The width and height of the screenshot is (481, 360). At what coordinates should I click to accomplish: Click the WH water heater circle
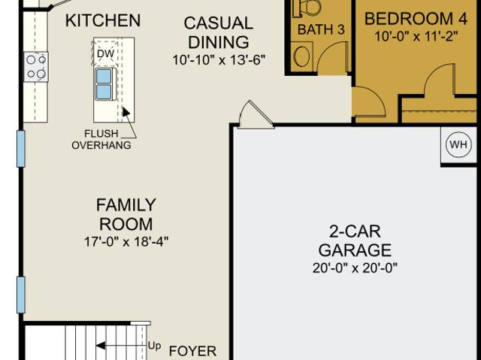pyautogui.click(x=458, y=144)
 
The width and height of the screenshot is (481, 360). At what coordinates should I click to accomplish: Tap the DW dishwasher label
pyautogui.click(x=105, y=53)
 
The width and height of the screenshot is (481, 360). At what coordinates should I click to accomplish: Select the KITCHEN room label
pyautogui.click(x=103, y=20)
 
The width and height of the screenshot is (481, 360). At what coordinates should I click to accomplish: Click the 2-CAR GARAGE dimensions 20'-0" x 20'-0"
pyautogui.click(x=355, y=268)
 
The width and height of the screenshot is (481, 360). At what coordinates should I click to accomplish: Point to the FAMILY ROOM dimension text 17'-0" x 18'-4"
pyautogui.click(x=126, y=242)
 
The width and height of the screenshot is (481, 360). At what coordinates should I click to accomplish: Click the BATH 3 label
pyautogui.click(x=321, y=29)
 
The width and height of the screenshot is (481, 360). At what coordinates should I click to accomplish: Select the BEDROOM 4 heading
pyautogui.click(x=416, y=19)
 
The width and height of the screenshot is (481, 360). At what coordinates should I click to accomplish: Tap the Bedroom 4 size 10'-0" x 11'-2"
pyautogui.click(x=416, y=37)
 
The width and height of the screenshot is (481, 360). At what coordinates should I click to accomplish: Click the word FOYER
pyautogui.click(x=193, y=351)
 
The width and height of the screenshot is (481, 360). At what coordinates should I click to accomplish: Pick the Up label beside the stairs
pyautogui.click(x=154, y=346)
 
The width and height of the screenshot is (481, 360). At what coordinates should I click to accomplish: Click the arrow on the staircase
pyautogui.click(x=122, y=346)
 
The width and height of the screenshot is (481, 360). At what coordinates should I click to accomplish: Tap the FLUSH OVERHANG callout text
pyautogui.click(x=101, y=139)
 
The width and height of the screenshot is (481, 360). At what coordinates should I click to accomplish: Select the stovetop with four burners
pyautogui.click(x=36, y=67)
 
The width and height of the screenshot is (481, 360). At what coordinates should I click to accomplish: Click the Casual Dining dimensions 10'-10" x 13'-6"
pyautogui.click(x=219, y=60)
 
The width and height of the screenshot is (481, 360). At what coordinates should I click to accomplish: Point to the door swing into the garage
pyautogui.click(x=256, y=115)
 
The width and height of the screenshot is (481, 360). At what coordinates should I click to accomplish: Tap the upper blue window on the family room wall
pyautogui.click(x=21, y=149)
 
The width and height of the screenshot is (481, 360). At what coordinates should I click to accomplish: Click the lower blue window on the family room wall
pyautogui.click(x=21, y=295)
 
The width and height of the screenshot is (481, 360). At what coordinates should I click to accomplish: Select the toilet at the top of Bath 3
pyautogui.click(x=307, y=8)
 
